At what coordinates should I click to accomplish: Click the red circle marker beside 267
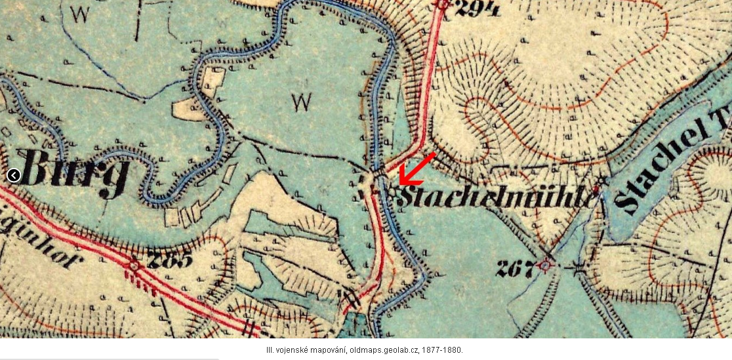tap(545, 266)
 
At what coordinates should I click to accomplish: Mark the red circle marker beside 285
tap(134, 266)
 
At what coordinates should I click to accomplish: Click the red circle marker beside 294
tap(443, 4)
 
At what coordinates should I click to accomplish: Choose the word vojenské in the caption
tap(287, 350)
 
